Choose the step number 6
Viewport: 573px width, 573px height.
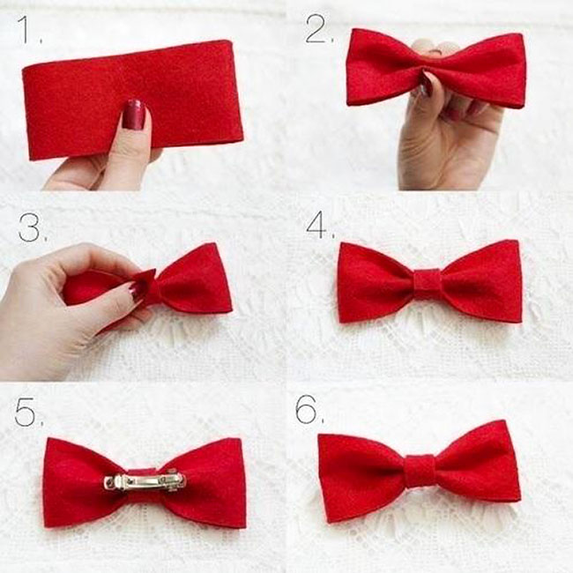(x=309, y=409)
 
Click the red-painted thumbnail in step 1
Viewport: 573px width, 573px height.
(x=133, y=115)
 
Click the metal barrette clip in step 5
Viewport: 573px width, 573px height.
(x=145, y=481)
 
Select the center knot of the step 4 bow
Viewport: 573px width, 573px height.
(x=428, y=283)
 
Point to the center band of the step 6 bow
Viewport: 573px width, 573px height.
(x=420, y=470)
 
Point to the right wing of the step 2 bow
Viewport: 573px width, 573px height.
(x=485, y=71)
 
